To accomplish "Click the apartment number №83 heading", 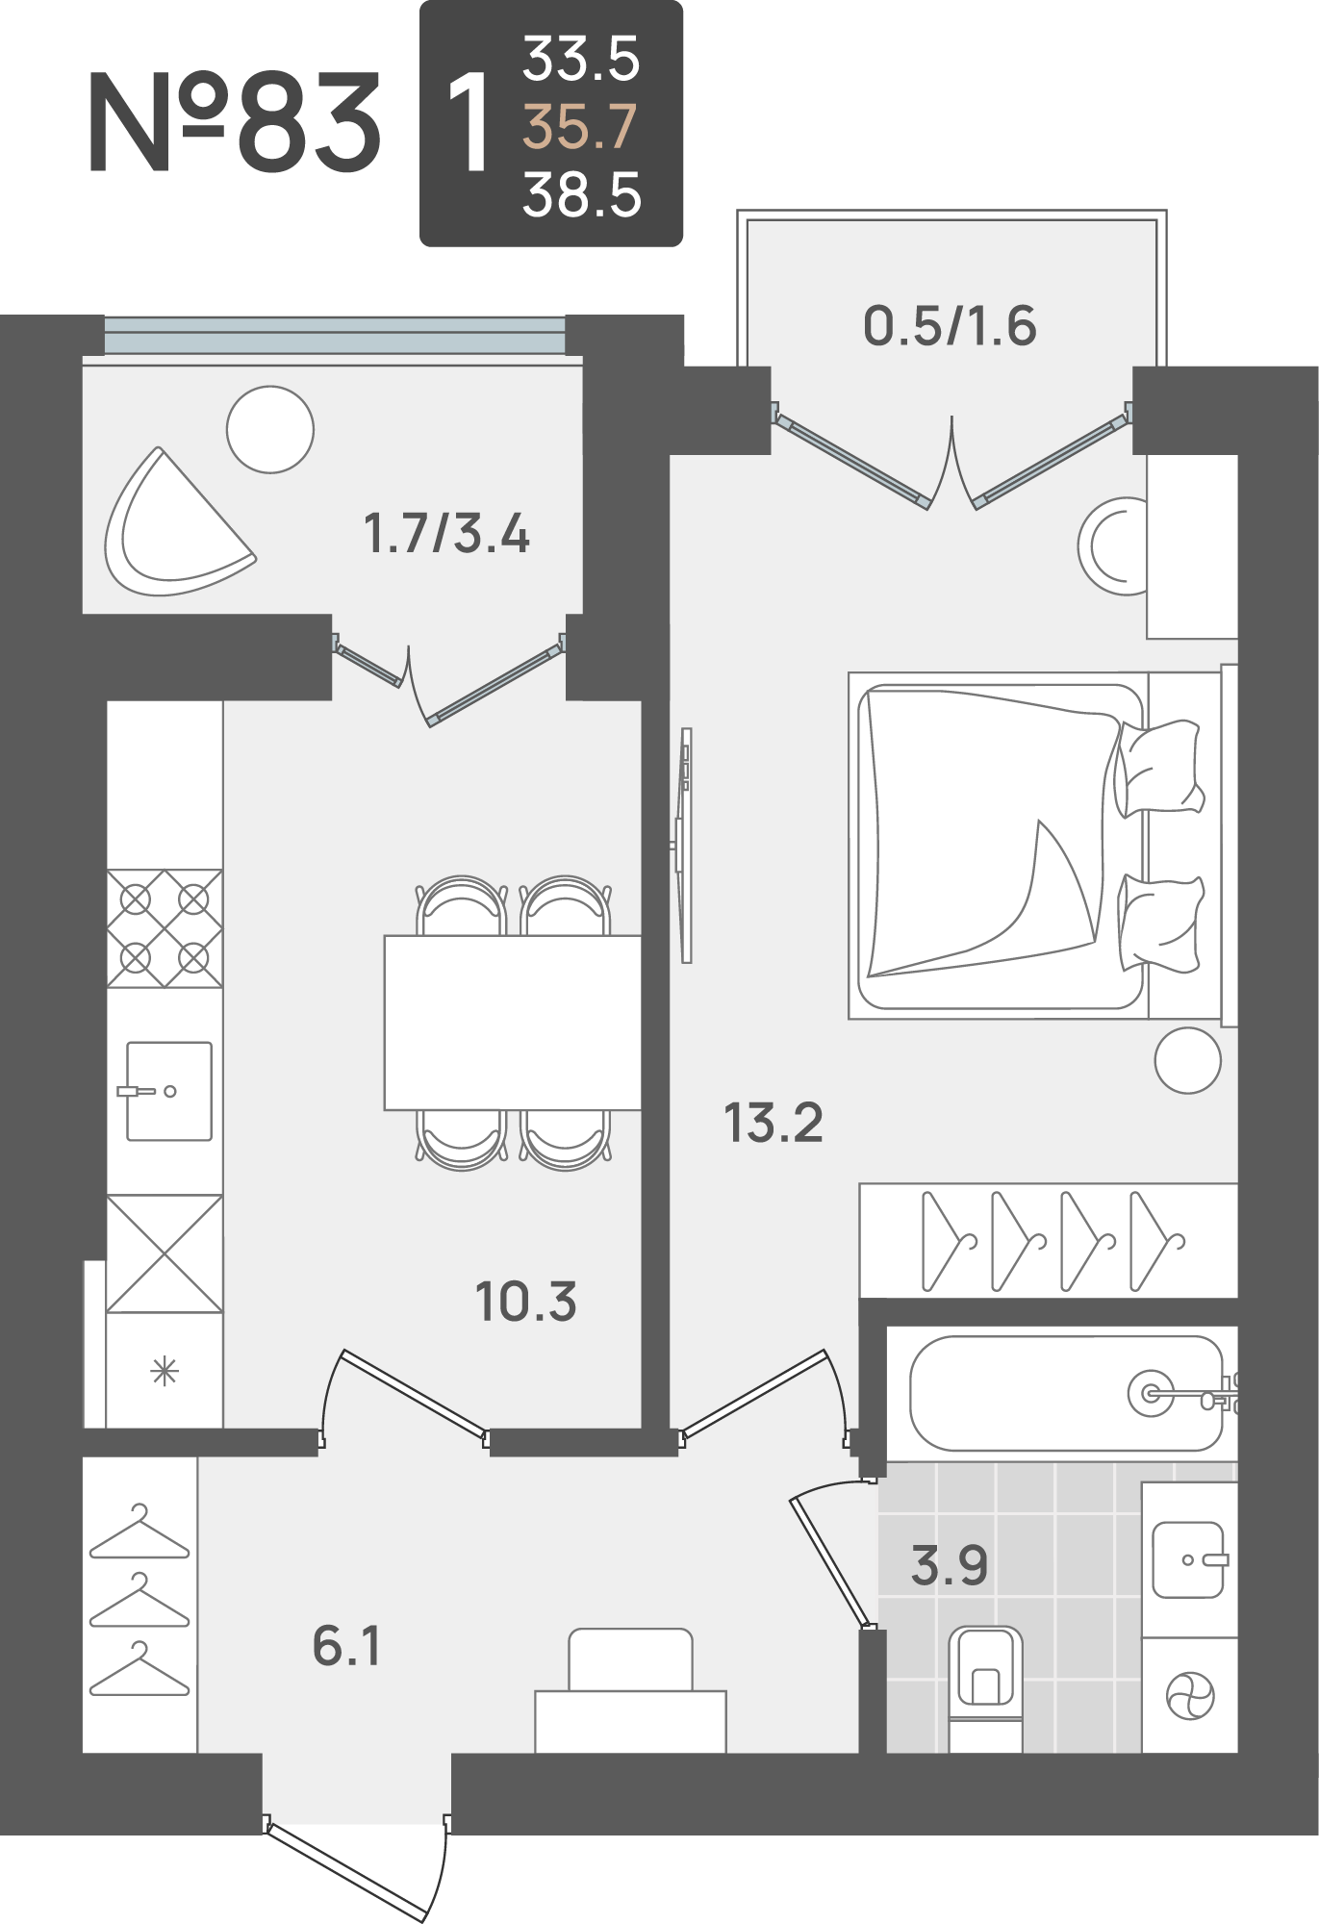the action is pos(235,122).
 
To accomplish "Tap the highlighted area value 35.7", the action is pos(580,127).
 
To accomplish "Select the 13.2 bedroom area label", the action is pos(774,1123).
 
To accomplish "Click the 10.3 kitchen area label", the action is pos(526,1302).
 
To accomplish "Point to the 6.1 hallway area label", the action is pos(346,1645).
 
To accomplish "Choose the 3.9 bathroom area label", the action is pos(950,1565).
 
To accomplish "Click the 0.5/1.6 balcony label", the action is pos(950,325).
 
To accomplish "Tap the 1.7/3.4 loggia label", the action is pos(446,533).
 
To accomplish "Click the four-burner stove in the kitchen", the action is pos(165,928).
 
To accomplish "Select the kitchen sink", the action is pos(169,1091).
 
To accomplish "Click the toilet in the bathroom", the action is pos(985,1687).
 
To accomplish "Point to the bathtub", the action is pos(1066,1393).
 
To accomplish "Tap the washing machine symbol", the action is pos(1190,1695).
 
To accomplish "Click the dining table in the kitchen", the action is pos(513,1023).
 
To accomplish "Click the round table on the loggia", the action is pos(270,429).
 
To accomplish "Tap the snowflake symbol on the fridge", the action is pos(165,1371).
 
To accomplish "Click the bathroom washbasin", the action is pos(1189,1559).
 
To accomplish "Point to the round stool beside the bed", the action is pos(1188,1060).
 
